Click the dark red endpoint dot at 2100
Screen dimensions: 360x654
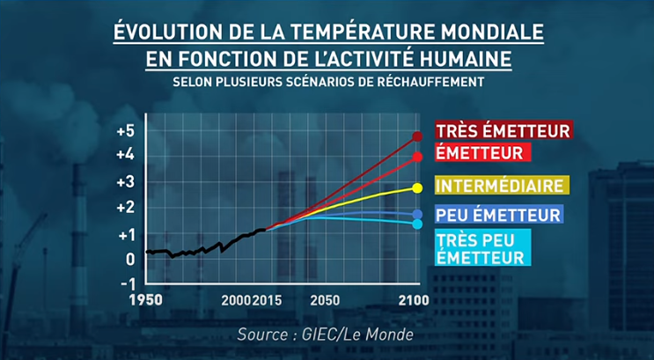[417, 136]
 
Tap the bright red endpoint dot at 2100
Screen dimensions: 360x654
[417, 157]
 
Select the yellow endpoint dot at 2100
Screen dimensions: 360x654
[417, 187]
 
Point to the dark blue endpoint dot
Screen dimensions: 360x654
[417, 215]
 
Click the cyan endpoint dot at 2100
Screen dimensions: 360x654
[417, 224]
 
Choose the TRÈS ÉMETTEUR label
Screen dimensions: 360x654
[503, 130]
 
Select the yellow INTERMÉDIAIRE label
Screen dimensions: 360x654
[500, 186]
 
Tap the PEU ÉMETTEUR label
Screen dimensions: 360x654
[497, 214]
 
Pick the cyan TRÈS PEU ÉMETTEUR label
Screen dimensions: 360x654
[481, 247]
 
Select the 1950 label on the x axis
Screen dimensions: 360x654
[146, 301]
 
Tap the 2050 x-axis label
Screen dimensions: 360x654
[325, 301]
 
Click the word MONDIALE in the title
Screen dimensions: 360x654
[481, 33]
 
